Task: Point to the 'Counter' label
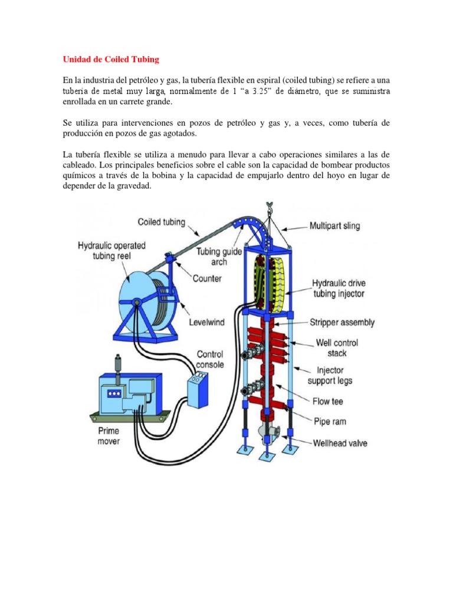coord(207,278)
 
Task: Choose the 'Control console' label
coord(210,359)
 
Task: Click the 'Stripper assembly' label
coord(342,323)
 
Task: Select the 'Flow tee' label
coord(329,401)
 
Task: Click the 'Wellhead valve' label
coord(340,442)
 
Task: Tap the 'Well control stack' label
coord(337,347)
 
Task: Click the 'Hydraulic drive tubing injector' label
coord(346,288)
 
